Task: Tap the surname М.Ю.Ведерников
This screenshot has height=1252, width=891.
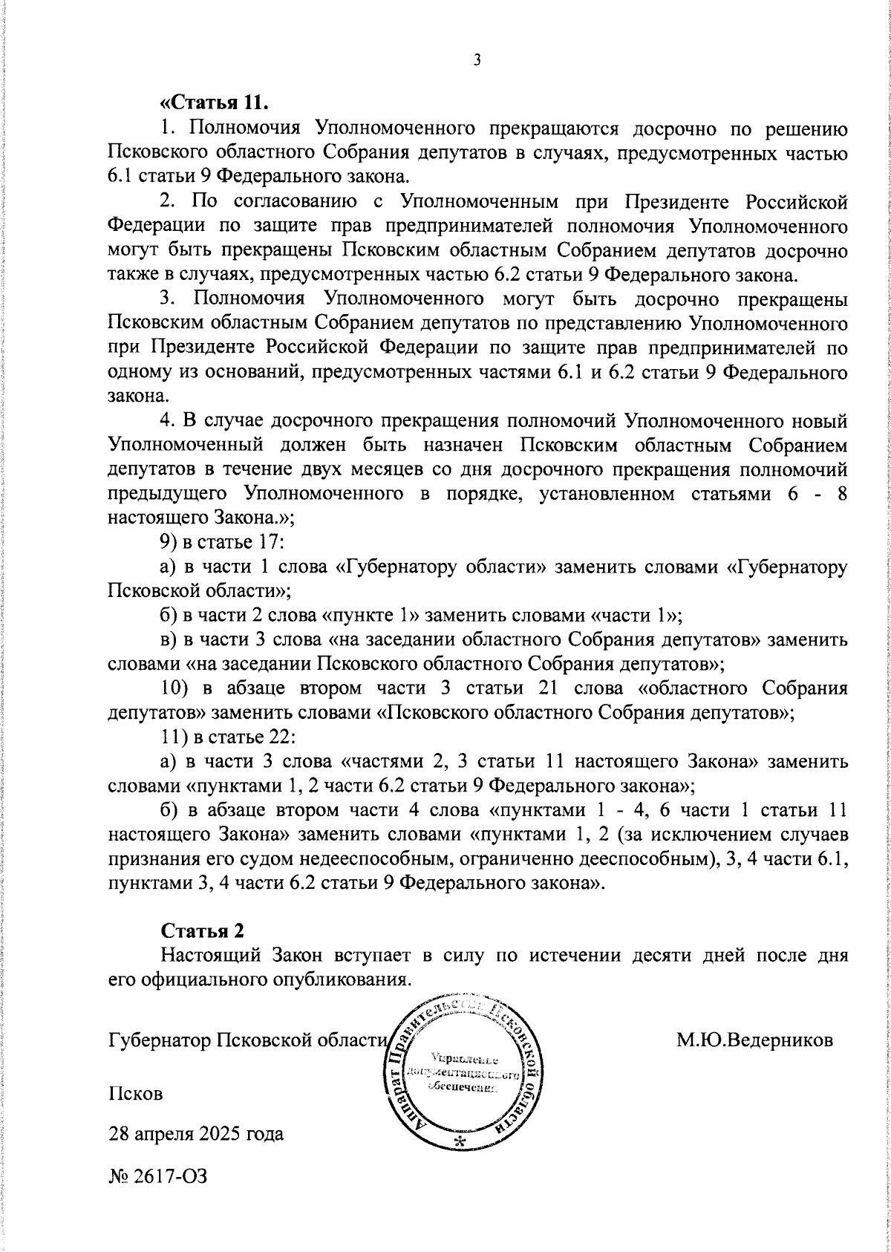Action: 754,1040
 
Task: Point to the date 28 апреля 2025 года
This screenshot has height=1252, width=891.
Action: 196,1135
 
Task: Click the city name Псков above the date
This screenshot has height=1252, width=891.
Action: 135,1094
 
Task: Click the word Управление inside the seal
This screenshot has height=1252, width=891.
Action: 465,1060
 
